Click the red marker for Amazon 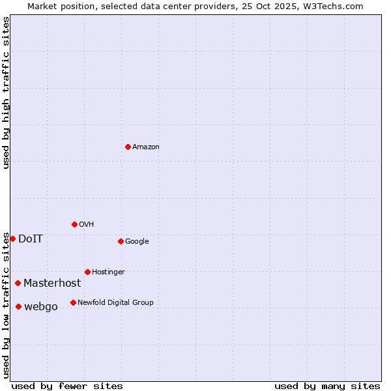click(x=128, y=147)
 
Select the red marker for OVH click(x=74, y=224)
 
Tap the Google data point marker click(x=121, y=241)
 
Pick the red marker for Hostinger click(x=87, y=272)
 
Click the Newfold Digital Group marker click(x=73, y=302)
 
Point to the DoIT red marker click(x=12, y=239)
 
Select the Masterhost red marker click(x=18, y=283)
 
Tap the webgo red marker click(x=18, y=306)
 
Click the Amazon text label click(x=146, y=147)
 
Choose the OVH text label click(x=87, y=225)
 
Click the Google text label click(x=137, y=242)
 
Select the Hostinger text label click(x=108, y=272)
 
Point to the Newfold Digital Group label click(x=115, y=303)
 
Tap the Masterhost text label click(x=52, y=283)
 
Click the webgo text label click(x=41, y=307)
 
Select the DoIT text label click(x=31, y=239)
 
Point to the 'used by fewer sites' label click(x=67, y=386)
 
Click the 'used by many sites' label click(x=327, y=386)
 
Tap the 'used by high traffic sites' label click(x=6, y=93)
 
